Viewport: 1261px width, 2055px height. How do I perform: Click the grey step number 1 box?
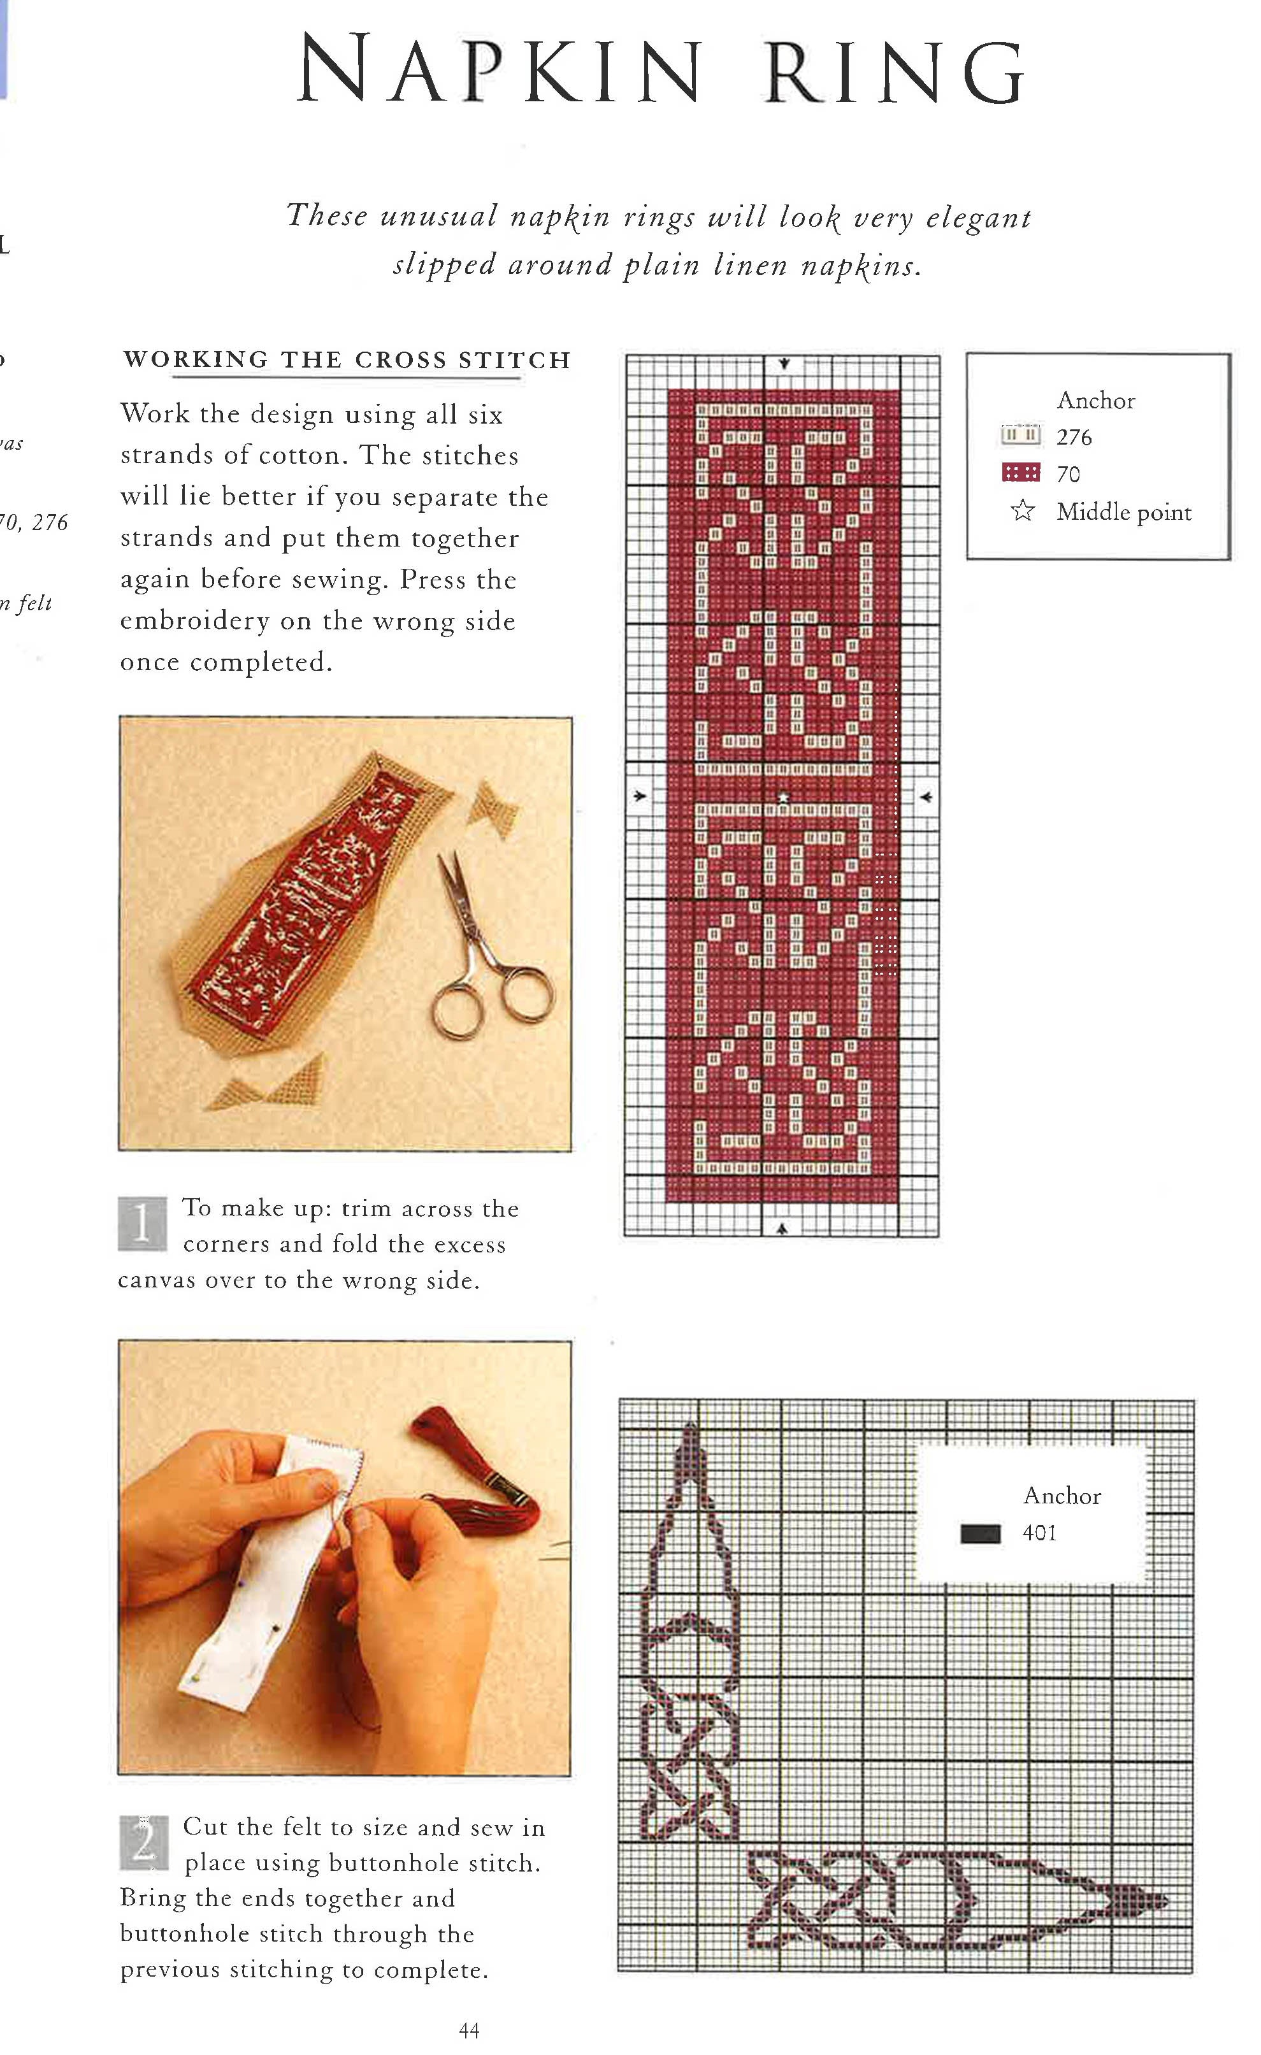tap(143, 1224)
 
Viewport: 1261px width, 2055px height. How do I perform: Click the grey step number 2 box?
tap(143, 1842)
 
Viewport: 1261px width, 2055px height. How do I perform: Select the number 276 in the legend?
tap(1074, 437)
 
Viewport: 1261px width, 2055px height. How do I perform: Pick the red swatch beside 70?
tap(1021, 473)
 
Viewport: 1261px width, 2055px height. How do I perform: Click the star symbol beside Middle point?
tap(1023, 510)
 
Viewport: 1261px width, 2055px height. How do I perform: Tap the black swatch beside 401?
tap(980, 1533)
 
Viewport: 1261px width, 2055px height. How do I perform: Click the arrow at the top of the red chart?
tap(784, 364)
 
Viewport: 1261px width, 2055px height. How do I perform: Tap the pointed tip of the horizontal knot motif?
tap(1161, 1901)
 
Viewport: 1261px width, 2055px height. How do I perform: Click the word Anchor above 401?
tap(1062, 1495)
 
